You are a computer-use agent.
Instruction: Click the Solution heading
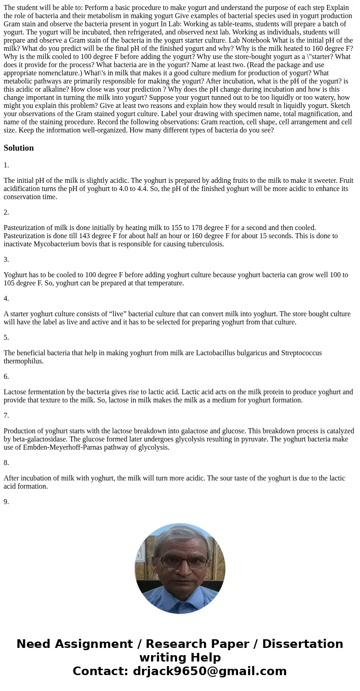(x=19, y=148)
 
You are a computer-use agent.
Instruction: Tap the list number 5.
(x=6, y=338)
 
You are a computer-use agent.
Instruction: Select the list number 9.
(x=6, y=502)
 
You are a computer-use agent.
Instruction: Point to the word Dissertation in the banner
(x=302, y=644)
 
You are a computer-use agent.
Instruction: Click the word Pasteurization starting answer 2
(x=25, y=228)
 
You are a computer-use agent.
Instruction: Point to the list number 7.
(x=6, y=416)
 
